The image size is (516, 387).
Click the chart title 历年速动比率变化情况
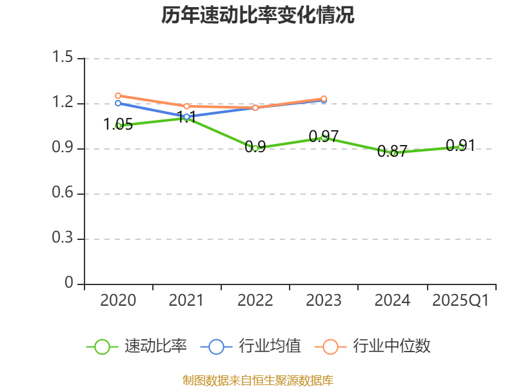coord(258,15)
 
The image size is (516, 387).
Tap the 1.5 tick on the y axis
coord(63,58)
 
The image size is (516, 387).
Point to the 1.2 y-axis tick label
coord(63,103)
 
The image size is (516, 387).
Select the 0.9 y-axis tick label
coord(63,148)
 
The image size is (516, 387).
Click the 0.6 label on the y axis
coord(63,193)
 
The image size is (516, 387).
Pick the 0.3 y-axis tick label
coord(63,239)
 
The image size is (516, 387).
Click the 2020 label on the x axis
coord(118,300)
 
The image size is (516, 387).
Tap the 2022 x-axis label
coord(255,300)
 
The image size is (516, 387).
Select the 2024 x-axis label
coord(392,300)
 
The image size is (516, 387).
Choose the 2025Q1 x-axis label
coord(461,300)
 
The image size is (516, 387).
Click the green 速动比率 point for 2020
coord(118,126)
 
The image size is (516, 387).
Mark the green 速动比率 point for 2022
coord(255,148)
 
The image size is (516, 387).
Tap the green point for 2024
coord(393,153)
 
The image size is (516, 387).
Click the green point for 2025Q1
coord(461,146)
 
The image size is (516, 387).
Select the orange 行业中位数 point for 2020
coord(118,95)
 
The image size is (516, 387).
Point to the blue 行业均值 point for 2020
coord(118,103)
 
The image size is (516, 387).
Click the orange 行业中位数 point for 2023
coord(324,99)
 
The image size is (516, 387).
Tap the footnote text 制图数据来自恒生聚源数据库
coord(258,380)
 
